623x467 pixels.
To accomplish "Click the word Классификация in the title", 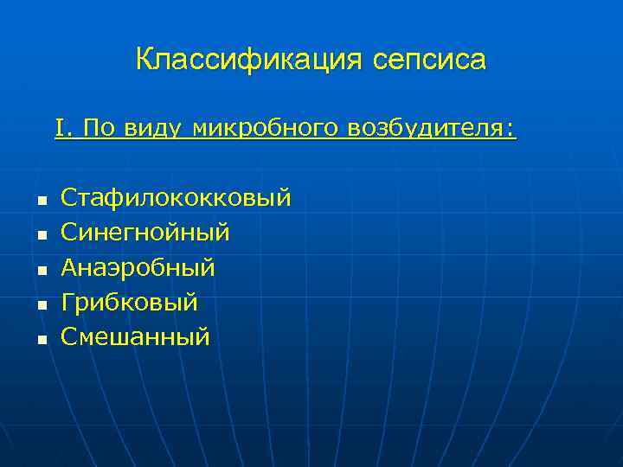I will point(251,61).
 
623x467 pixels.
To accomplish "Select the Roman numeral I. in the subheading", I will point(64,129).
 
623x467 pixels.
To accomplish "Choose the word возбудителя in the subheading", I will point(427,130).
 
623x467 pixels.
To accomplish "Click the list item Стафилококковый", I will point(176,199).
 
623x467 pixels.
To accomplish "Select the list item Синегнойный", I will point(145,233).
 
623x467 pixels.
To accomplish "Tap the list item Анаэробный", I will point(138,268).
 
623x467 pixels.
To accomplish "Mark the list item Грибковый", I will point(130,303).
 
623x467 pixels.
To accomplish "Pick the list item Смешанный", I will point(135,336).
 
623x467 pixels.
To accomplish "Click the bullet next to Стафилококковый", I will point(40,202).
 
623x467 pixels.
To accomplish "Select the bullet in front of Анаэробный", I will point(40,271).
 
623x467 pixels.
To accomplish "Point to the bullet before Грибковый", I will point(40,305).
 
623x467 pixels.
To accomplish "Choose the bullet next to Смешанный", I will point(40,340).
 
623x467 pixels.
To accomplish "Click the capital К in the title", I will point(145,60).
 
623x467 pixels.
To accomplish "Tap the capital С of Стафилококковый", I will point(68,199).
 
